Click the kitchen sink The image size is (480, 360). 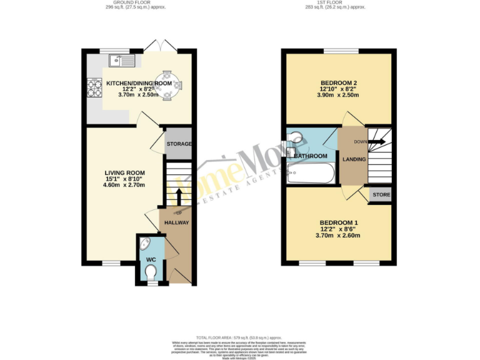tap(119, 61)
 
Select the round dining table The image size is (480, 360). tap(167, 84)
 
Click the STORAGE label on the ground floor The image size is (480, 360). tap(179, 144)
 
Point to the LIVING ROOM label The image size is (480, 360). tap(125, 173)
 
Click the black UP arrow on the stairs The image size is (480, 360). tap(179, 196)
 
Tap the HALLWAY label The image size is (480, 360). tap(176, 222)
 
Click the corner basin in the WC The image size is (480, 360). tap(145, 244)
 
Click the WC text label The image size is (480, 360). tap(151, 259)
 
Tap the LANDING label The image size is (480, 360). tap(354, 159)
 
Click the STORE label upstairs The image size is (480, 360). tap(381, 195)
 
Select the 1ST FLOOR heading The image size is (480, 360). tap(340, 3)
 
